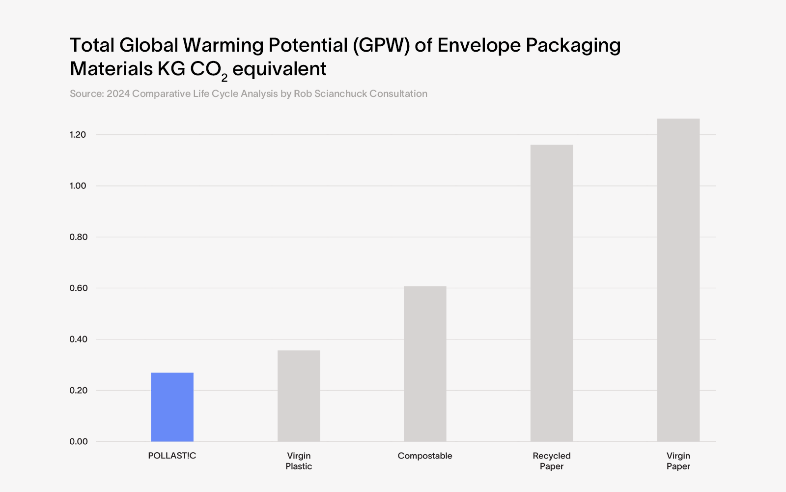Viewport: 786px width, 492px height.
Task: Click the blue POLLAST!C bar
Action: click(x=172, y=407)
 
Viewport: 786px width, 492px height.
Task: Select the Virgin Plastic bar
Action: click(x=299, y=396)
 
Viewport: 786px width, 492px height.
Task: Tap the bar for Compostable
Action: click(x=425, y=364)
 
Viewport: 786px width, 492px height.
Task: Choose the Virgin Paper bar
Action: click(x=678, y=280)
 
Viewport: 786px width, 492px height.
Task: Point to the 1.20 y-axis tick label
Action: click(x=78, y=135)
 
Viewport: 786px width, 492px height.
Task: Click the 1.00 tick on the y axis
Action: click(x=78, y=186)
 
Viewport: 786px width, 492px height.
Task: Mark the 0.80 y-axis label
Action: click(x=78, y=237)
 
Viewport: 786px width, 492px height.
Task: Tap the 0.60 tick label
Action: click(x=78, y=288)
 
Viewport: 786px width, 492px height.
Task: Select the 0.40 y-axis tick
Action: click(x=78, y=339)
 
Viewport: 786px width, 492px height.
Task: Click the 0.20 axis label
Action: click(x=78, y=391)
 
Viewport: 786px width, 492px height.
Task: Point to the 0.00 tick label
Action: click(x=78, y=442)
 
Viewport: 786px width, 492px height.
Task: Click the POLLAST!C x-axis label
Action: click(x=172, y=456)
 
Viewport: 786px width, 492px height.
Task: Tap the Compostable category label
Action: click(x=425, y=456)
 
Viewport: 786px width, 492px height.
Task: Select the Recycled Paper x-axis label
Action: click(x=552, y=461)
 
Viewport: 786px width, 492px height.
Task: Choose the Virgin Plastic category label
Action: click(x=299, y=461)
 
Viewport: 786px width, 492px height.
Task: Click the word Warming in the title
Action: click(x=223, y=45)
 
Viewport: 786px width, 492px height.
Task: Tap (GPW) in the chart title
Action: click(x=381, y=45)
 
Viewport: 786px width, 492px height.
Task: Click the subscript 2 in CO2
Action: click(x=225, y=77)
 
